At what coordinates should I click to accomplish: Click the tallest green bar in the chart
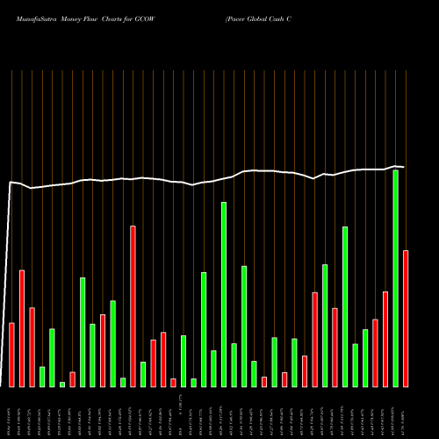(x=396, y=278)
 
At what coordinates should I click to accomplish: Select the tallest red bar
(x=133, y=306)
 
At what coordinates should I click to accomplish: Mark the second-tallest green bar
(x=224, y=294)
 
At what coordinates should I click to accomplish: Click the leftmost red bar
(x=11, y=355)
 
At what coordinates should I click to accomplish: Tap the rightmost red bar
(x=406, y=319)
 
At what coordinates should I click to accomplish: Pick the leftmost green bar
(x=42, y=377)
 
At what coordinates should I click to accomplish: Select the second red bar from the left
(x=22, y=328)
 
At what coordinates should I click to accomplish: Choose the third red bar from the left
(x=32, y=347)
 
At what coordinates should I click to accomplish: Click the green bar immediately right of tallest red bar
(x=143, y=374)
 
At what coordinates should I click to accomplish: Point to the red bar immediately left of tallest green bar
(x=385, y=339)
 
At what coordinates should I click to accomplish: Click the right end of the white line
(x=404, y=167)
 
